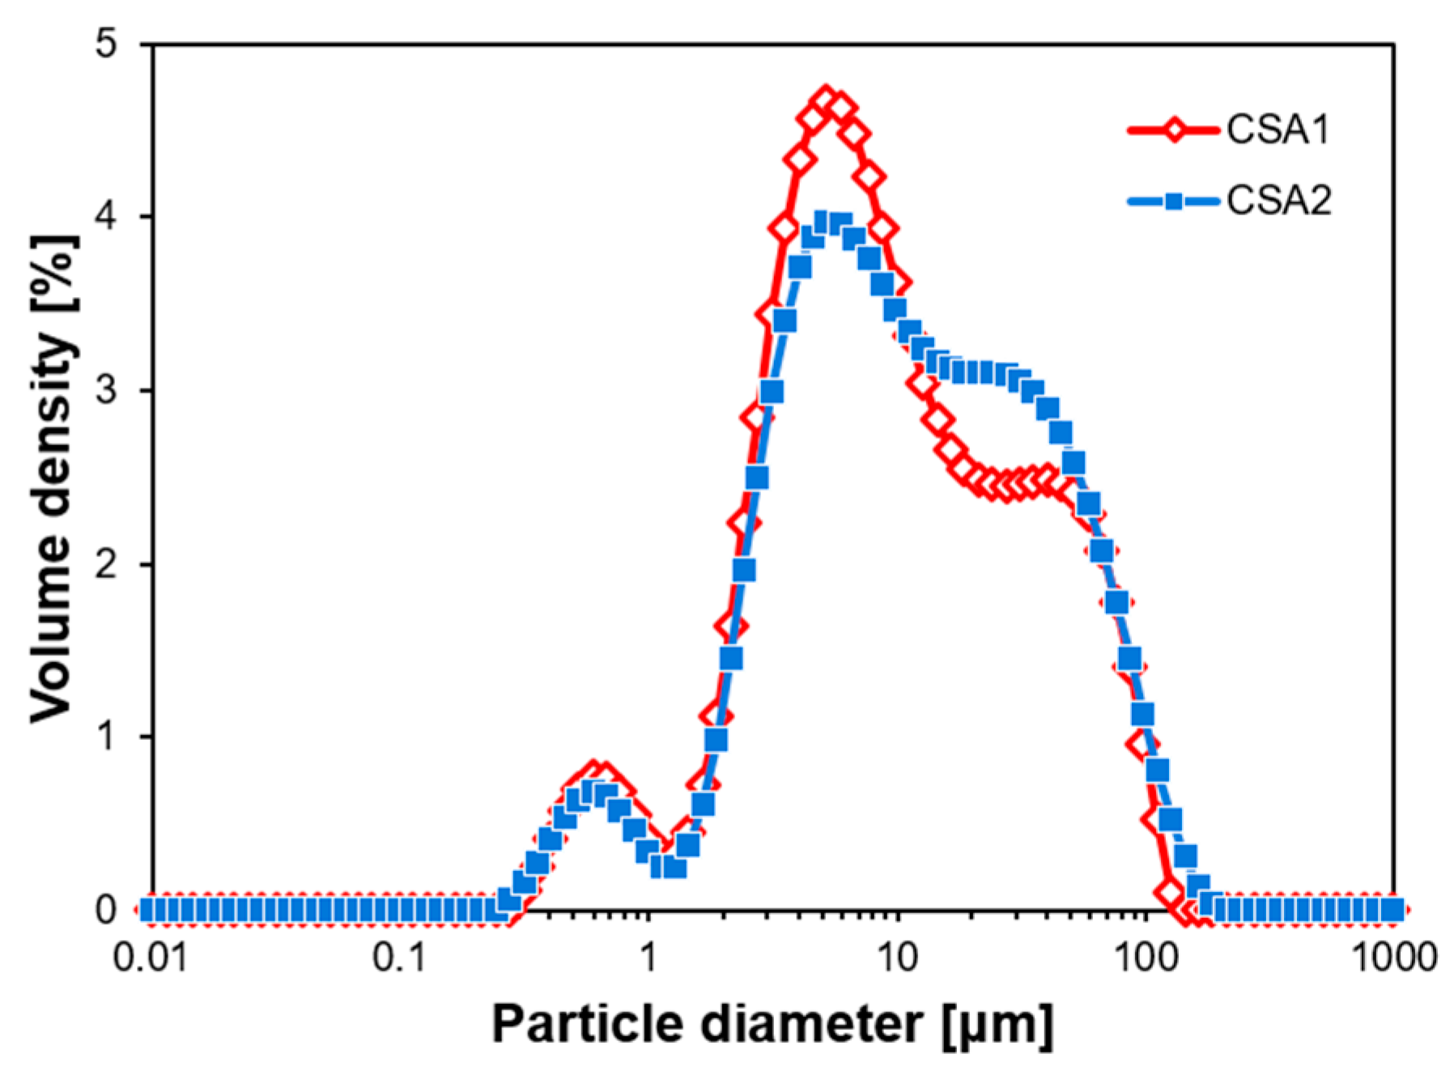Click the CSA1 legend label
(x=1278, y=130)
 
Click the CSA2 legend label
(x=1278, y=200)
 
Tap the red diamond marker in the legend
(x=1172, y=130)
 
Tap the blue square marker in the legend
(x=1172, y=201)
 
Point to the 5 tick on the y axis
(x=108, y=44)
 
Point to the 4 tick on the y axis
(x=108, y=217)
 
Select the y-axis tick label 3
(x=108, y=390)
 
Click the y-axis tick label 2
(x=108, y=564)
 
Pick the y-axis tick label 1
(x=108, y=737)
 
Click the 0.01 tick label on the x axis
(x=150, y=958)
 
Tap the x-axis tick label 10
(x=897, y=958)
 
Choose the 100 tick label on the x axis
(x=1145, y=958)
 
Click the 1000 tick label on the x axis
(x=1392, y=958)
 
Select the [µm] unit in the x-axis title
(x=997, y=1025)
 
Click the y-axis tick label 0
(x=108, y=911)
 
